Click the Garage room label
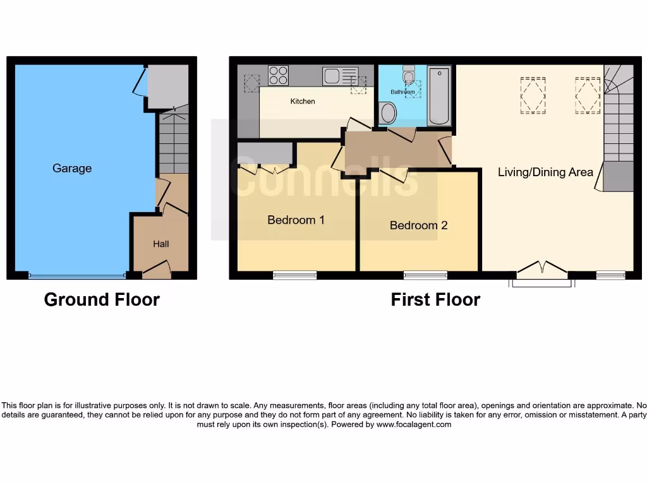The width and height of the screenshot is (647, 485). [72, 169]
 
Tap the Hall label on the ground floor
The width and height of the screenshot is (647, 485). [161, 244]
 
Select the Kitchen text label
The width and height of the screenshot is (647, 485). [303, 102]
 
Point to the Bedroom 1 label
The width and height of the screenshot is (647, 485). [296, 220]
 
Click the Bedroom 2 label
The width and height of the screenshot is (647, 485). [418, 225]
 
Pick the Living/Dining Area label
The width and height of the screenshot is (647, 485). [545, 172]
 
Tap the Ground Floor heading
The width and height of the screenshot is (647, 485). [102, 299]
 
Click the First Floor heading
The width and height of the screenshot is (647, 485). [435, 299]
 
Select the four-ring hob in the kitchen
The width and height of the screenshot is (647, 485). [278, 76]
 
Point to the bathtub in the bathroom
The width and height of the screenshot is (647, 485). [438, 95]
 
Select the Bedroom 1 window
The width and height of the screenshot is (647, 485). [294, 275]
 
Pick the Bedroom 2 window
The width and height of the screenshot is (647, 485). [425, 275]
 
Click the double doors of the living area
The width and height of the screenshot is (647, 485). [542, 270]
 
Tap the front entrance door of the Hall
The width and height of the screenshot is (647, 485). [157, 272]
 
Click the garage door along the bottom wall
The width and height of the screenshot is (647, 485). [76, 276]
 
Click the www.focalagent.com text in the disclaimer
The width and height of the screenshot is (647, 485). [414, 425]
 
